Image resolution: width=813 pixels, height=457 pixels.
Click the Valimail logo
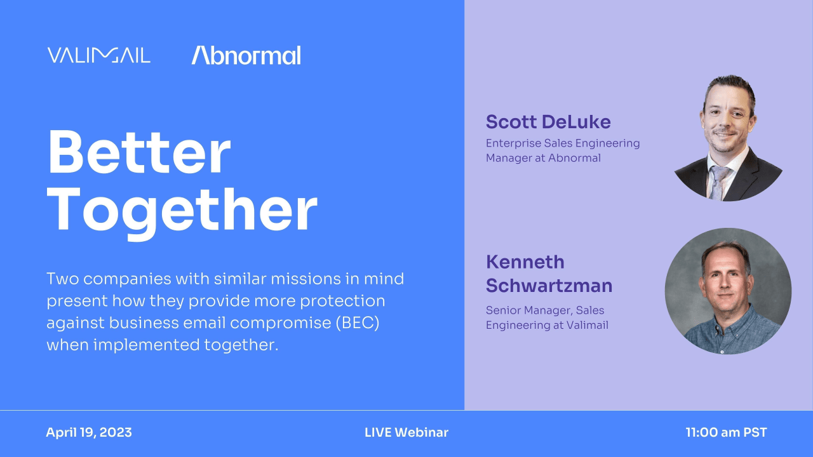coord(98,55)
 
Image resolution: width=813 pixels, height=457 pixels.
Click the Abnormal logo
coord(246,56)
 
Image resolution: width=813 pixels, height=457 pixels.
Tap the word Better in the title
coord(138,154)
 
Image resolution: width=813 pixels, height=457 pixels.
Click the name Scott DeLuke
coord(548,121)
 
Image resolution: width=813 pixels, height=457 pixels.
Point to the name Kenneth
coord(525,262)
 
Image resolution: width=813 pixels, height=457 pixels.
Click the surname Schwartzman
coord(549,286)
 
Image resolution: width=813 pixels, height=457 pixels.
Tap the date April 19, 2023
coord(89,433)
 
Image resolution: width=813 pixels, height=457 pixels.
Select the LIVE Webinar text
coord(406,433)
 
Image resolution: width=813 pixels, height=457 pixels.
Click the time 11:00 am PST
coord(726,433)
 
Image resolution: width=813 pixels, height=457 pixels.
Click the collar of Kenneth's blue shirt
coord(728,313)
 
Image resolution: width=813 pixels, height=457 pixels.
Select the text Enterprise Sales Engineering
coord(562,143)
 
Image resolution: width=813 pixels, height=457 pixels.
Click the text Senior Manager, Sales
coord(544,310)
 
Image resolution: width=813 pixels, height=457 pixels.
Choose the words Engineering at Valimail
coord(547,326)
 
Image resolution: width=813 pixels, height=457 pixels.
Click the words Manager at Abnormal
coord(542,158)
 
